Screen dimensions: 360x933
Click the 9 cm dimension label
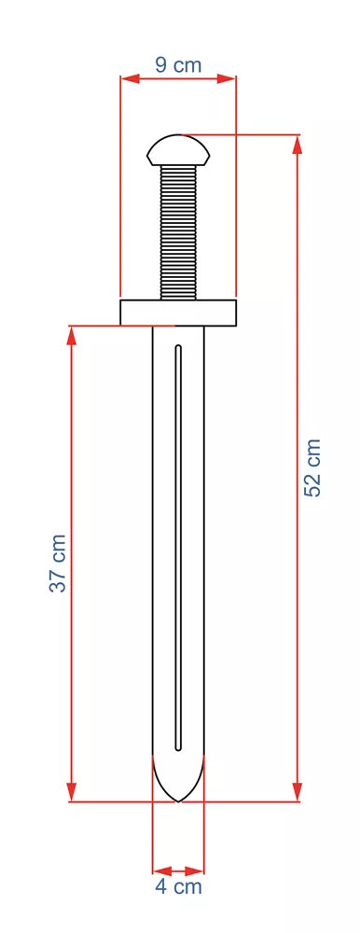178,65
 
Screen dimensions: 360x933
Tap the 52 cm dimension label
312,467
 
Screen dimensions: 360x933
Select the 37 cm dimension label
58,564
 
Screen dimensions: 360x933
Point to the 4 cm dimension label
178,886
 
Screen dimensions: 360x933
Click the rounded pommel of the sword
178,150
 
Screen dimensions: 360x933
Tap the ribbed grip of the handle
178,232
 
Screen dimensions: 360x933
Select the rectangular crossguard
178,313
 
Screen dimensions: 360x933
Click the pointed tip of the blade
178,801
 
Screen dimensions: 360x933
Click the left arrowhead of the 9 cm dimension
130,78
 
